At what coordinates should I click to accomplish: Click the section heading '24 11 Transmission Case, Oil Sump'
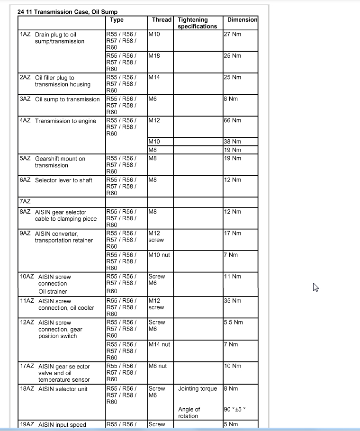pyautogui.click(x=68, y=11)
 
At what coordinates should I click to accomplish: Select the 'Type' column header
pyautogui.click(x=117, y=20)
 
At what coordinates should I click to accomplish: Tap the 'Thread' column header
pyautogui.click(x=162, y=20)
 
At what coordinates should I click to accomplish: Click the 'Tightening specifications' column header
pyautogui.click(x=197, y=23)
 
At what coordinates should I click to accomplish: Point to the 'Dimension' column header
pyautogui.click(x=242, y=20)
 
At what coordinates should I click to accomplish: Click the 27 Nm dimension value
pyautogui.click(x=232, y=35)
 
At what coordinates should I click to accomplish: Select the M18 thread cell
pyautogui.click(x=154, y=56)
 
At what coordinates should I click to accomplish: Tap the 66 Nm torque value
pyautogui.click(x=232, y=120)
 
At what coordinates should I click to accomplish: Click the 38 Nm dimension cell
pyautogui.click(x=232, y=142)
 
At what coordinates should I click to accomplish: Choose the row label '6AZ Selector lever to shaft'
pyautogui.click(x=56, y=180)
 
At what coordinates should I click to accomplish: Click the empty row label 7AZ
pyautogui.click(x=25, y=202)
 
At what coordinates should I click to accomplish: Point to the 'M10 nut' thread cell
pyautogui.click(x=159, y=255)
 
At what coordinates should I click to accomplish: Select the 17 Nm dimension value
pyautogui.click(x=232, y=233)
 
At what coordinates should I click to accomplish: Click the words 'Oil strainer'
pyautogui.click(x=53, y=291)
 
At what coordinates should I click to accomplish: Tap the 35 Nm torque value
pyautogui.click(x=232, y=301)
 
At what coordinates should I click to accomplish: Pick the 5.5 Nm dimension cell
pyautogui.click(x=233, y=323)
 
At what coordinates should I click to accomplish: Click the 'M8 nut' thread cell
pyautogui.click(x=158, y=366)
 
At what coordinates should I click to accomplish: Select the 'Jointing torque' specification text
pyautogui.click(x=198, y=389)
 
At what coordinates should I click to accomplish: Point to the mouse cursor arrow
pyautogui.click(x=315, y=287)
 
